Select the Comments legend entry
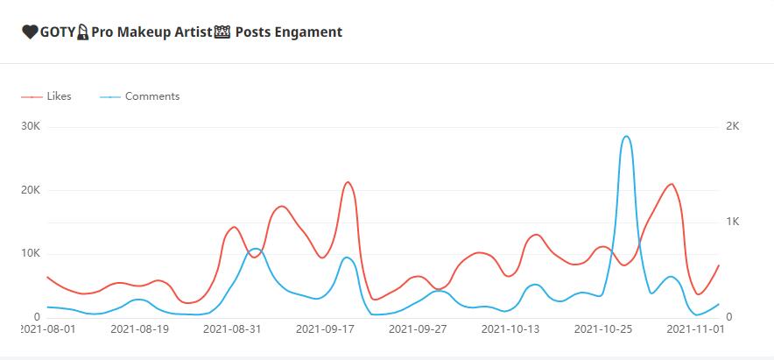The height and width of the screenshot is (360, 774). [151, 96]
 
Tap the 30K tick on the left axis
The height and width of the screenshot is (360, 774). [31, 127]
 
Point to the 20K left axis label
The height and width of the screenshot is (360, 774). [31, 190]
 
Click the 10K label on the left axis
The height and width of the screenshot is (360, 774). [31, 253]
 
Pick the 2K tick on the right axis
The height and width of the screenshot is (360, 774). [734, 127]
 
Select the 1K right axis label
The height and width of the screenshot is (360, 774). [734, 222]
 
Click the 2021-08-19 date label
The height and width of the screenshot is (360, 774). [139, 330]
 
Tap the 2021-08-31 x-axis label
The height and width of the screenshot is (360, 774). [232, 330]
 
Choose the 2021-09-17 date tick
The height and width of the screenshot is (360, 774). [325, 330]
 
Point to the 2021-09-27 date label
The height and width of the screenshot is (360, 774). [418, 330]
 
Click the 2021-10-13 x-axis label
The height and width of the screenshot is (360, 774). [510, 330]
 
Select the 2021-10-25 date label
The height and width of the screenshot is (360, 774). [603, 330]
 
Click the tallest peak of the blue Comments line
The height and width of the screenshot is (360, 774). [626, 137]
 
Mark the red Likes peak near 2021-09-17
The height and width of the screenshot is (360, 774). [348, 182]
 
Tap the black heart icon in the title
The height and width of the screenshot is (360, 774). [30, 32]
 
